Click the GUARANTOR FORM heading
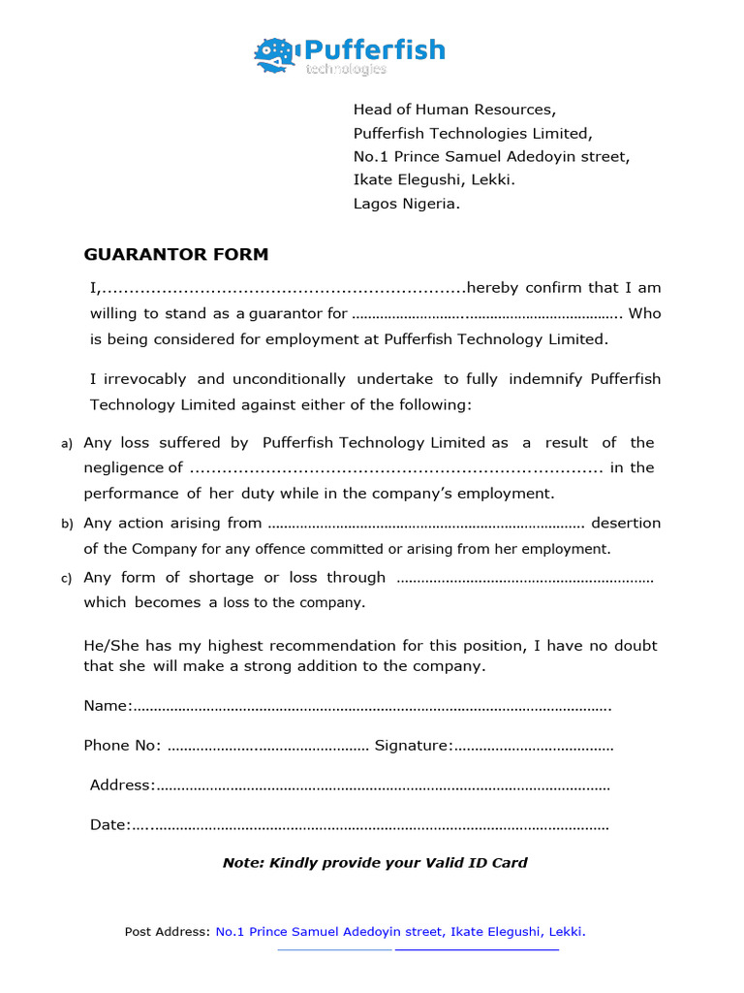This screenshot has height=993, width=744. coord(175,255)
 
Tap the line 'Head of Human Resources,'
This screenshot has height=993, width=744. coord(454,110)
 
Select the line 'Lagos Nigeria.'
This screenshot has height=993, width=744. coord(407,204)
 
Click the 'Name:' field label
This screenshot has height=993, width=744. coord(108,705)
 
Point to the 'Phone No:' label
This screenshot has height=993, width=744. coord(122,745)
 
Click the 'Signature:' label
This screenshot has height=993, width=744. coord(414,745)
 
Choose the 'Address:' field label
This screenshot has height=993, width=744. coord(122,785)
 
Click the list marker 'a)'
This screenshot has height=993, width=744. coord(67,444)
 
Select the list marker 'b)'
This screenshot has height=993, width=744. coord(67,525)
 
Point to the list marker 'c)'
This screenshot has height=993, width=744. coord(67,579)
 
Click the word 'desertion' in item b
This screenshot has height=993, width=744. coord(626,523)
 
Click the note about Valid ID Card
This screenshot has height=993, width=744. coord(375,862)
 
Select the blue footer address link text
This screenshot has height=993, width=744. coord(400,932)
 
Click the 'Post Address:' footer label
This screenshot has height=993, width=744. coord(167,932)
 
